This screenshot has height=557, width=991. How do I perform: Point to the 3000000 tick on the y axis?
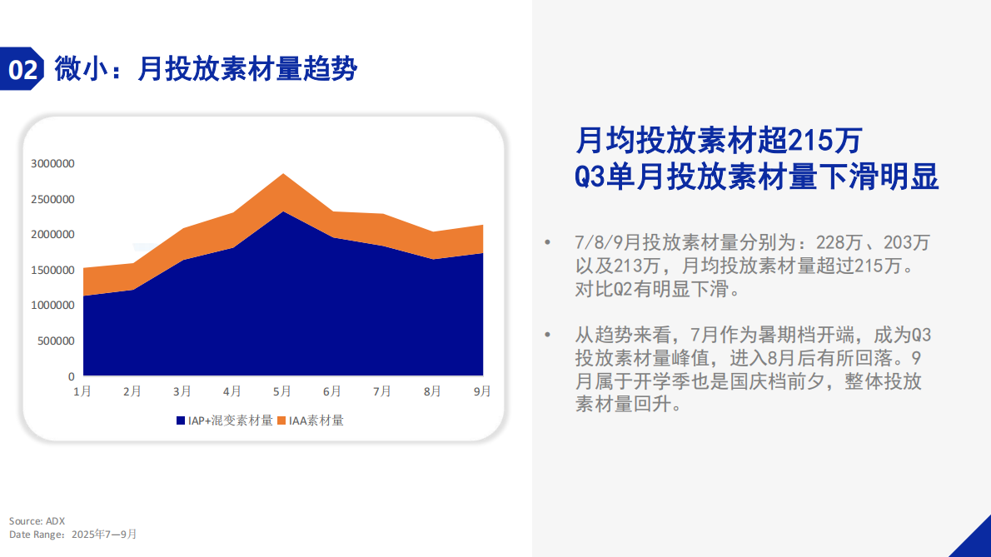point(52,164)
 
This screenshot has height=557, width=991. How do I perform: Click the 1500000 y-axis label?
point(52,271)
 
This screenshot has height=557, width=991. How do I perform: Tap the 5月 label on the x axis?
point(282,391)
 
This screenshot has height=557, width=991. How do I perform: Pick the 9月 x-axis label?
point(482,391)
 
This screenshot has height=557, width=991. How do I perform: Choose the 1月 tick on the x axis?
point(82,391)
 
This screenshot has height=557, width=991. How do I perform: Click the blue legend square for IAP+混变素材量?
point(181,421)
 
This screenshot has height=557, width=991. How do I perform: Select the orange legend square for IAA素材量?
point(281,421)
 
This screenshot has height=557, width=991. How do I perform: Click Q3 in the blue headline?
point(591,177)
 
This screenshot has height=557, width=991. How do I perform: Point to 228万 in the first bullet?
point(833,243)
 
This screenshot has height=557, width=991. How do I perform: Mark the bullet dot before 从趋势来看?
point(547,335)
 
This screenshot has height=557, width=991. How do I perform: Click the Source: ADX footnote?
point(37,520)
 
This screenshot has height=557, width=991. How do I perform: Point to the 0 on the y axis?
point(71,377)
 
